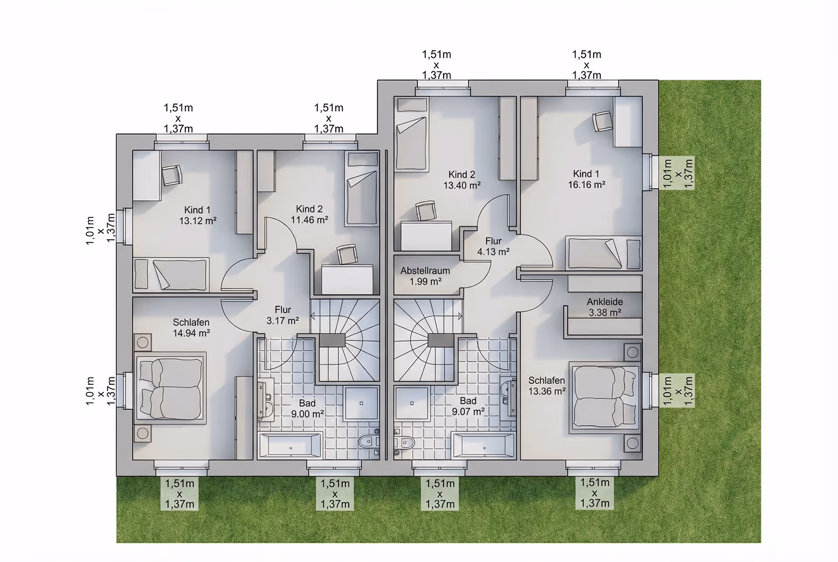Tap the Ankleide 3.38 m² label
coord(604,307)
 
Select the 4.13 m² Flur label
coord(493,246)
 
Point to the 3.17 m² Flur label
coord(283,315)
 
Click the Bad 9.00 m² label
coord(307,408)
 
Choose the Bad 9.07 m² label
coord(468,406)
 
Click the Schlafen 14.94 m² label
coord(191,328)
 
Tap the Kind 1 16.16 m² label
coord(586,179)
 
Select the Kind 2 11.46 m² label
coord(309,214)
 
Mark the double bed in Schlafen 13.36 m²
coord(605,398)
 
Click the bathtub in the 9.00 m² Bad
coord(290,445)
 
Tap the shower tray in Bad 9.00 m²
coord(361,403)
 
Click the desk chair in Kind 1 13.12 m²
coord(172,175)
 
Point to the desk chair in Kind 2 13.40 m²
coord(426,210)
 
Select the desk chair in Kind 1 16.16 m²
coord(602,121)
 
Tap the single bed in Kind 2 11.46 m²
coord(361,188)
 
